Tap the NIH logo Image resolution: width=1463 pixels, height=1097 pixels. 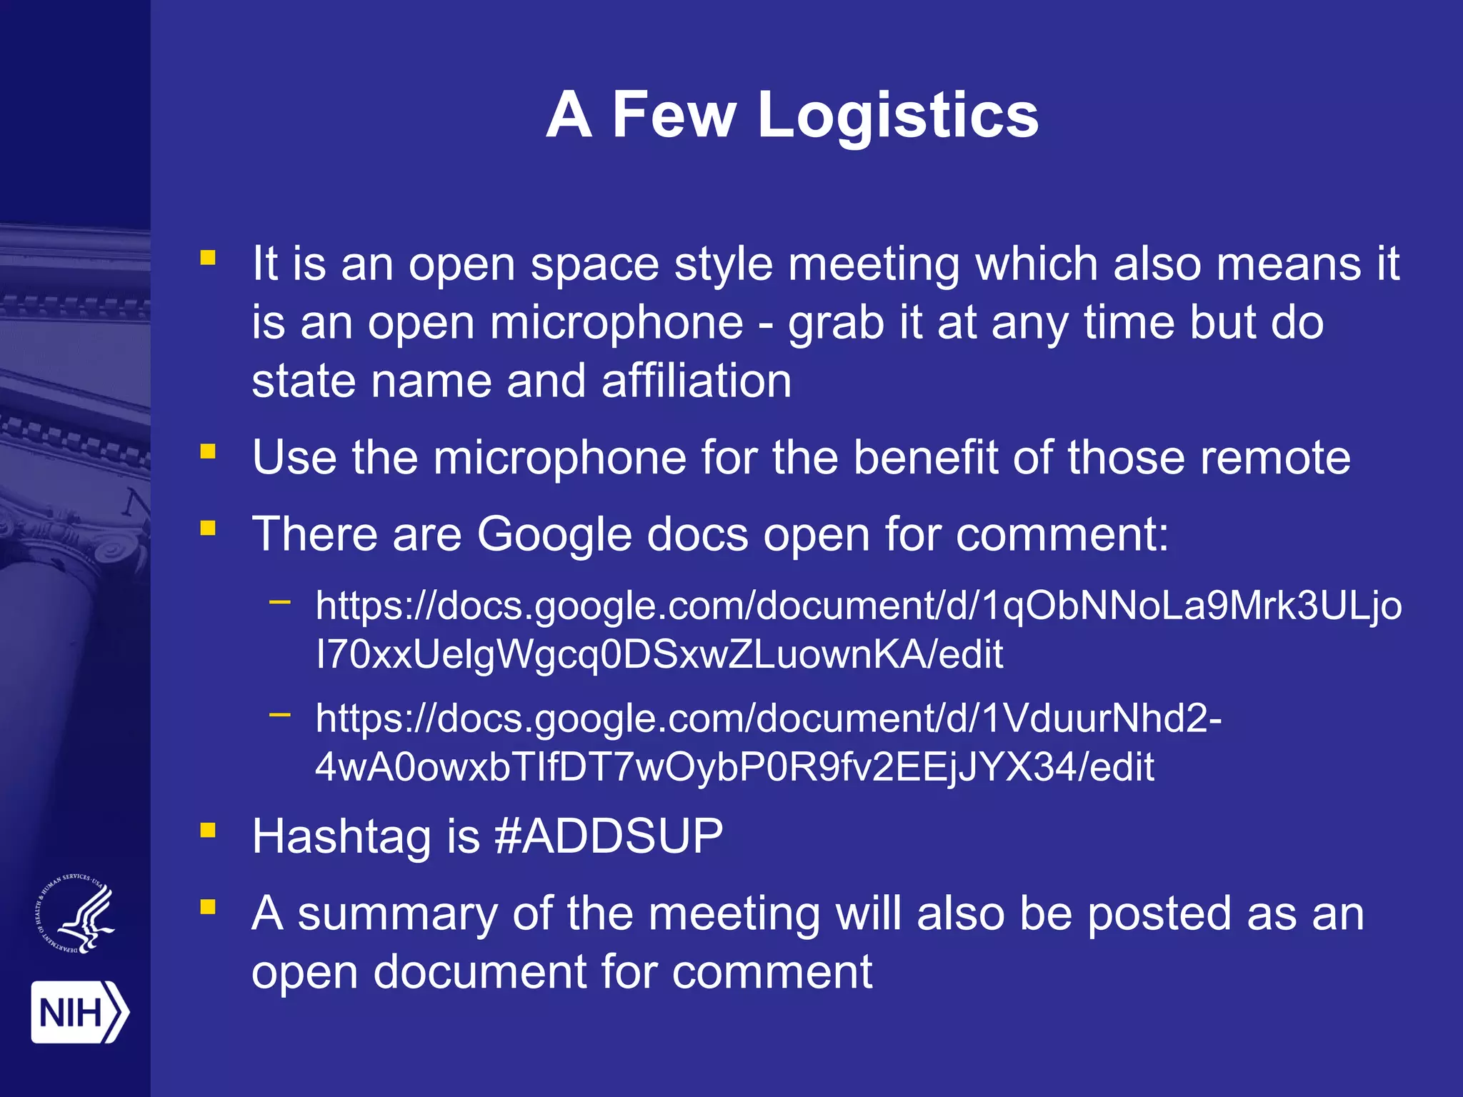pos(79,1011)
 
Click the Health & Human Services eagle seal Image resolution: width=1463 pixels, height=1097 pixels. pos(76,913)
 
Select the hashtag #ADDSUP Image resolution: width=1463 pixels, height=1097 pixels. pos(609,836)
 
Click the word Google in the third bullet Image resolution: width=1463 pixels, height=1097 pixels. pos(554,534)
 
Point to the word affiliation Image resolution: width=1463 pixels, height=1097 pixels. pos(696,380)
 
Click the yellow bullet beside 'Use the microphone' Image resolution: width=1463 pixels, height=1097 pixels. pos(208,451)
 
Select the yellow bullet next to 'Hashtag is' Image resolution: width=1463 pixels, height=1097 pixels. pos(208,829)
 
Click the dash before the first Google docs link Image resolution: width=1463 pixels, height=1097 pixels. pos(280,602)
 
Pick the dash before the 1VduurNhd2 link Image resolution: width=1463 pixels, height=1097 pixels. pos(280,713)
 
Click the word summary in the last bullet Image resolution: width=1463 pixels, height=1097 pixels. pos(397,913)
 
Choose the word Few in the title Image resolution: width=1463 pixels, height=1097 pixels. pos(674,115)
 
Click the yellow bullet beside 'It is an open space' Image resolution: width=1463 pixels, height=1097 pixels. pos(208,257)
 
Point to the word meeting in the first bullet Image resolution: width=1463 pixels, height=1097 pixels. pos(874,264)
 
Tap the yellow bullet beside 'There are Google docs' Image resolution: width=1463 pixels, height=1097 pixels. pos(208,529)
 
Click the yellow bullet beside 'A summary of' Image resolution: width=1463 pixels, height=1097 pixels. pos(208,907)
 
